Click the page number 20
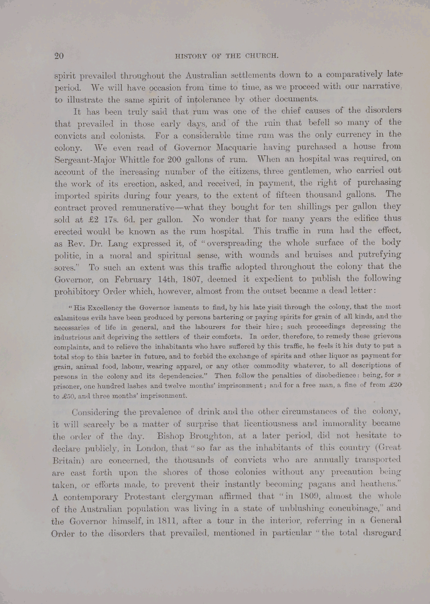click(x=59, y=56)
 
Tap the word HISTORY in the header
click(x=195, y=56)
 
